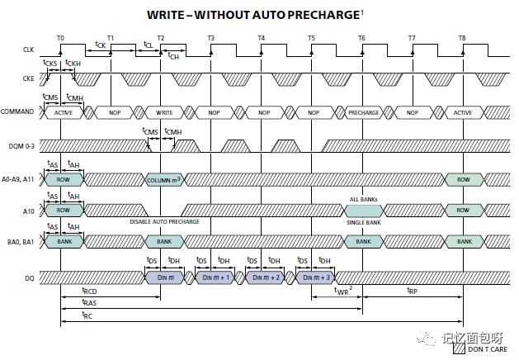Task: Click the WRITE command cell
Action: click(164, 112)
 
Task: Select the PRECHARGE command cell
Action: click(363, 112)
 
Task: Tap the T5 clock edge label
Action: click(311, 38)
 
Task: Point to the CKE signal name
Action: click(28, 78)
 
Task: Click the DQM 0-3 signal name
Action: click(21, 146)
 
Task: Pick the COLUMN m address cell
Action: click(164, 180)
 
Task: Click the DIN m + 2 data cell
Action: click(266, 277)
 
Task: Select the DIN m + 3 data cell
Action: click(316, 277)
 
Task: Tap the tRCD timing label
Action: click(89, 291)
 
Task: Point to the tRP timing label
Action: click(412, 291)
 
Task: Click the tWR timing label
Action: click(343, 291)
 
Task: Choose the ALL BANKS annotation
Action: click(363, 199)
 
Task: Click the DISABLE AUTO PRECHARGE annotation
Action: click(164, 221)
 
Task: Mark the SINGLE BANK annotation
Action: click(364, 223)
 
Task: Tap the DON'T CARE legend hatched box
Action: click(460, 348)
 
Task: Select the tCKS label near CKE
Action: click(50, 63)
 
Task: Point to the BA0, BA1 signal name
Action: click(21, 242)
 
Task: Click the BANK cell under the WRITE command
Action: click(164, 242)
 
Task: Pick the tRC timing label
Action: click(87, 315)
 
